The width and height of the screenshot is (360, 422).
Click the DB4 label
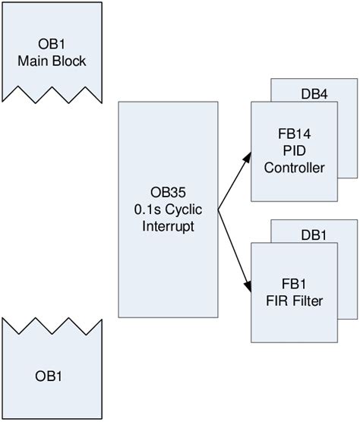[315, 96]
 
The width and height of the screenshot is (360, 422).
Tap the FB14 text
[293, 134]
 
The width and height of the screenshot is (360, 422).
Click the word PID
[293, 151]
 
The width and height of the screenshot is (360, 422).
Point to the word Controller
[293, 168]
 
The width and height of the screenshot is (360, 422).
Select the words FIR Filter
[293, 301]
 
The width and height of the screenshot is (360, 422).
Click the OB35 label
[167, 193]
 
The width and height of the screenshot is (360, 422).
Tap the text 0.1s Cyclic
[167, 209]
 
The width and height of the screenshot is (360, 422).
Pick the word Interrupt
[167, 226]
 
